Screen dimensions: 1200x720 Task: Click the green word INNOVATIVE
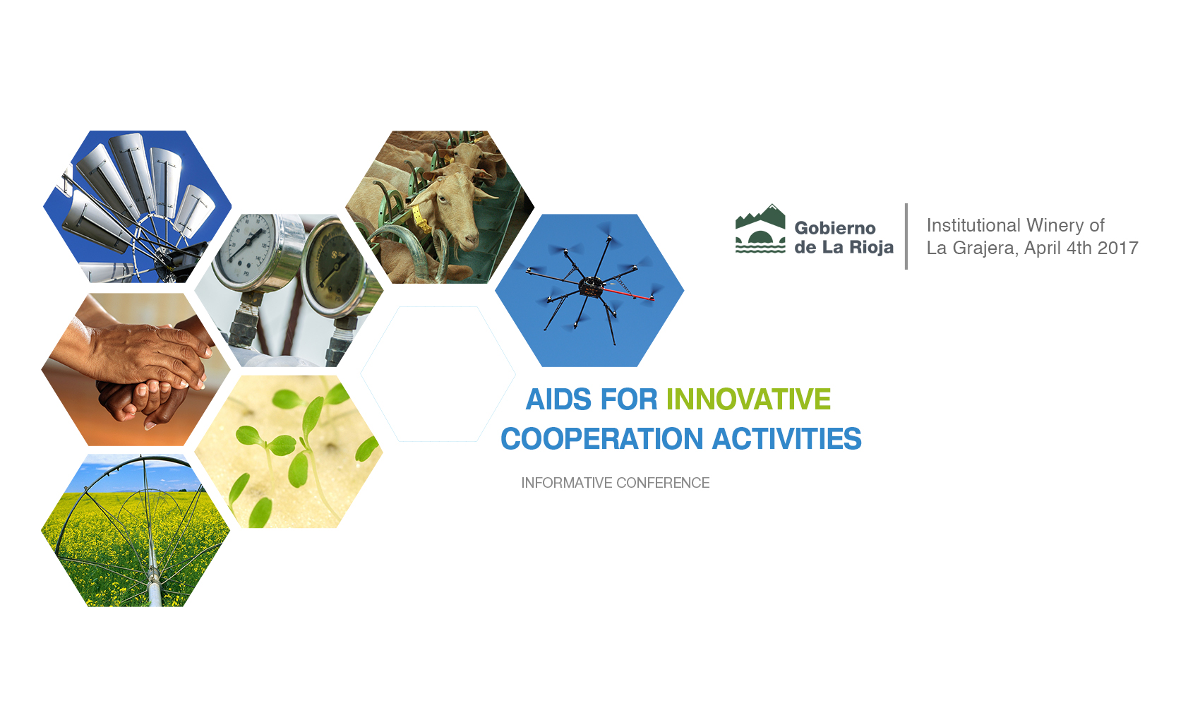(x=748, y=400)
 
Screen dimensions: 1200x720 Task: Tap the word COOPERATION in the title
(x=601, y=439)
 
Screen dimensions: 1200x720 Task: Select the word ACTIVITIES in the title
(x=787, y=439)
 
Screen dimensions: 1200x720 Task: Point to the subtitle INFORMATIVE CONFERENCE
(x=616, y=483)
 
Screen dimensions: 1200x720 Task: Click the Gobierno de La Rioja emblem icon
(x=760, y=229)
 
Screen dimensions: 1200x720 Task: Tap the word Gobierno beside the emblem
(x=834, y=228)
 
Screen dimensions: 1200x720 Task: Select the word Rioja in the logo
(x=872, y=247)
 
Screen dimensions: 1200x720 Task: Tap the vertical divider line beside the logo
(x=906, y=236)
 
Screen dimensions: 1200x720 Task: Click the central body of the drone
(x=591, y=287)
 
